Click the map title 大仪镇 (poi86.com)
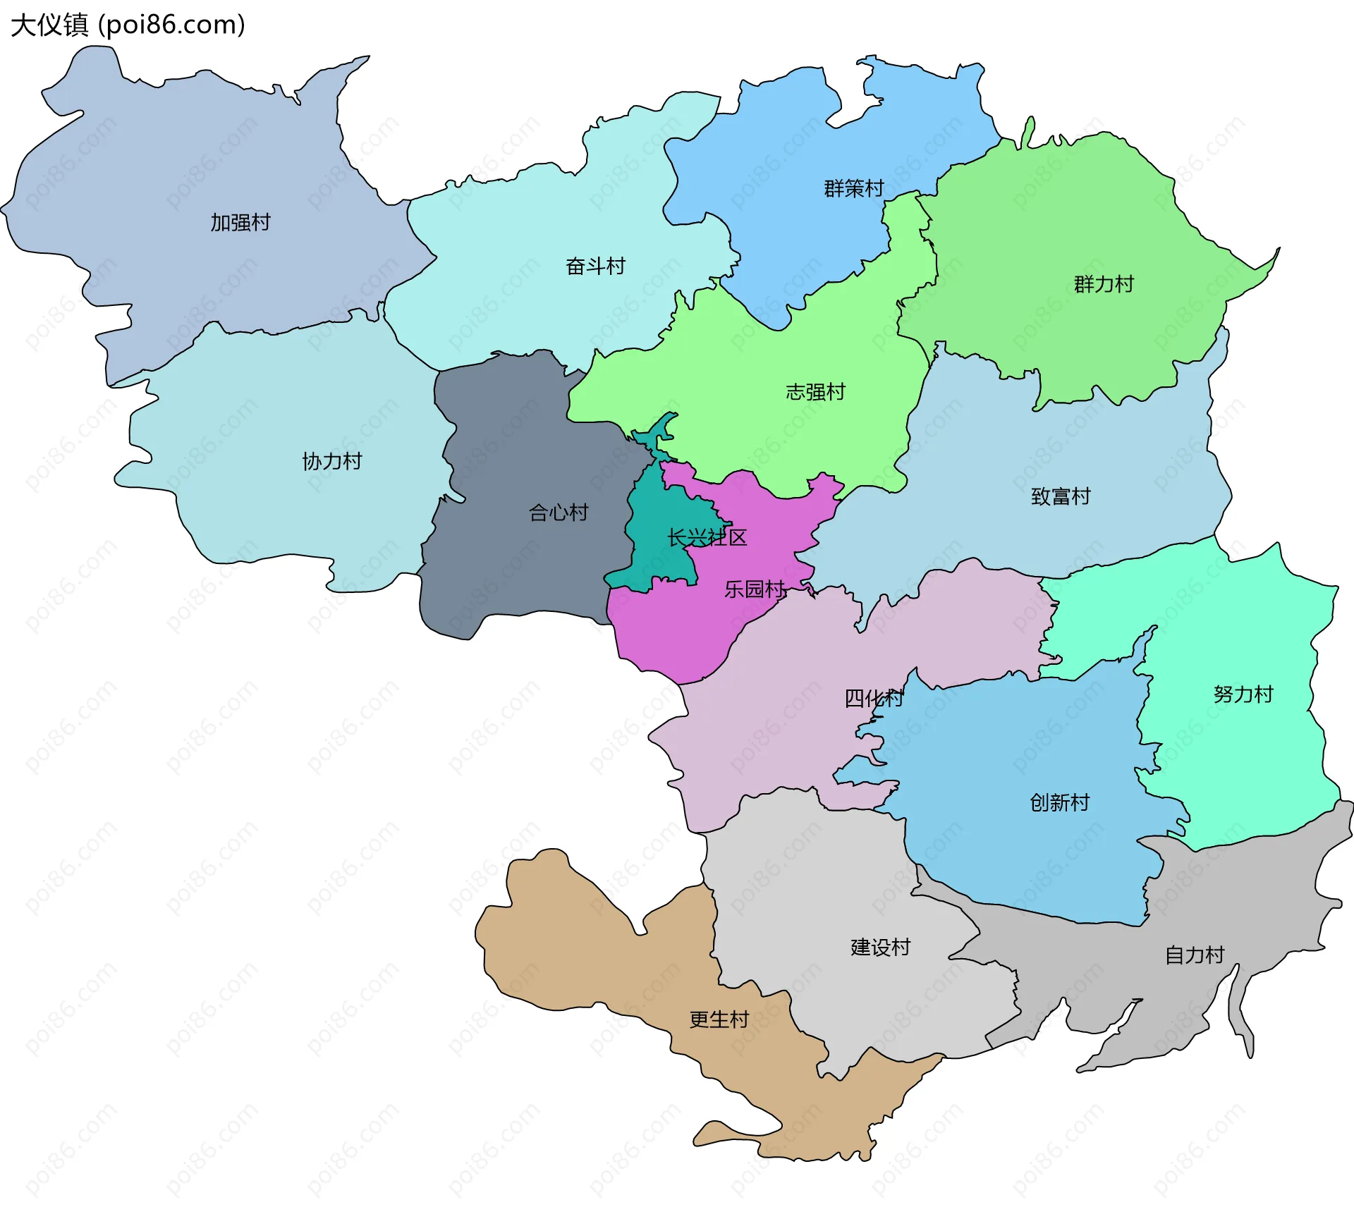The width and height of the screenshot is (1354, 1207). click(128, 25)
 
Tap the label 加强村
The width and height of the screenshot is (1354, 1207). click(240, 223)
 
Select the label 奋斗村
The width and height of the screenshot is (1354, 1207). click(595, 266)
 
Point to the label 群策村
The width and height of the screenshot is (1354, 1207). click(853, 189)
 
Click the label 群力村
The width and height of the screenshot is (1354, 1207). click(1104, 285)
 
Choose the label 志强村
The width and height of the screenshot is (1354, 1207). click(815, 392)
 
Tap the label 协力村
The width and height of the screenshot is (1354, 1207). click(331, 462)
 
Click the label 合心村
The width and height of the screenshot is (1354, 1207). click(559, 513)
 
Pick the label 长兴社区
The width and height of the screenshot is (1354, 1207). click(707, 538)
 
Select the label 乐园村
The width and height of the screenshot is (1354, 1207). click(755, 589)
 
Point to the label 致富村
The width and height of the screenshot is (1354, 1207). click(1061, 497)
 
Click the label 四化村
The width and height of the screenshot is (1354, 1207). click(874, 699)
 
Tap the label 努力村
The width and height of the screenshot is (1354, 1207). click(1243, 695)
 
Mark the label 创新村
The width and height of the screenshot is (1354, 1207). click(1059, 803)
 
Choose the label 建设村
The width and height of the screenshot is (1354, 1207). click(880, 948)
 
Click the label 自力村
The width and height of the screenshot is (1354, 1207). click(1195, 955)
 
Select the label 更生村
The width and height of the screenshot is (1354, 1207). click(719, 1020)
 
